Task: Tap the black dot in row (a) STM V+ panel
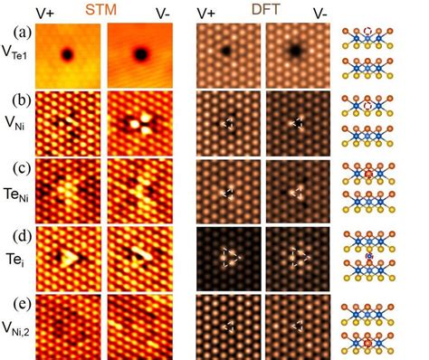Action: point(67,55)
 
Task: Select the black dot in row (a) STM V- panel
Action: point(141,54)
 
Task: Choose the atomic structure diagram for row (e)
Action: point(377,327)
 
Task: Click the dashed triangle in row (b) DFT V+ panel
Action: point(229,123)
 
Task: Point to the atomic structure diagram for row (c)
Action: point(377,189)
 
